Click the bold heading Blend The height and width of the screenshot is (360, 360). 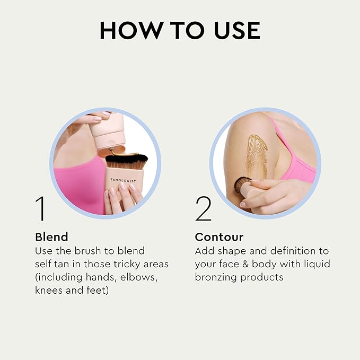click(x=51, y=236)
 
